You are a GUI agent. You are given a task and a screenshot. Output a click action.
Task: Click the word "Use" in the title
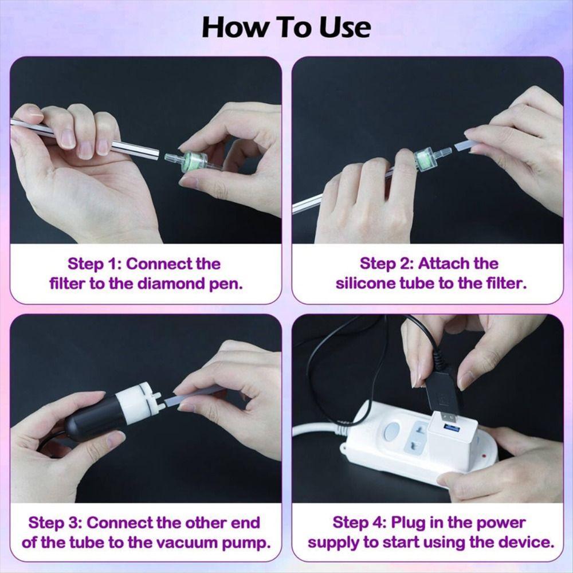coord(342,27)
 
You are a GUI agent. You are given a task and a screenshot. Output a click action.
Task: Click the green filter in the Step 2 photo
coord(423,158)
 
